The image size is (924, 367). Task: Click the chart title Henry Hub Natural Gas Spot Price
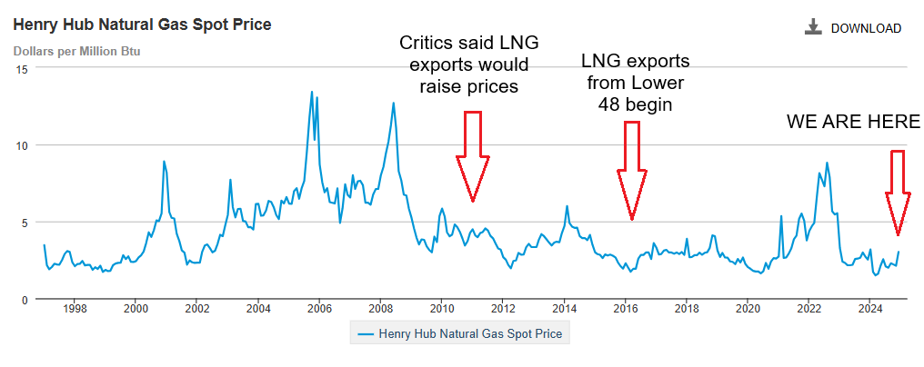click(141, 25)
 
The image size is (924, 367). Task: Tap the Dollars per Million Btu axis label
click(76, 50)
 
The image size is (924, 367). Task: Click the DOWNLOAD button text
click(866, 28)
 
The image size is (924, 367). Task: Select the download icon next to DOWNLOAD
click(813, 27)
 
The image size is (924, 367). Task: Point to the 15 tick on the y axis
click(21, 68)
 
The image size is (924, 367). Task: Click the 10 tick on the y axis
click(21, 145)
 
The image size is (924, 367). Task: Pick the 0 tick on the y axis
click(25, 299)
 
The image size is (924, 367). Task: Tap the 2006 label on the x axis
click(319, 309)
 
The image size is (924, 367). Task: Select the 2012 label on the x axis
click(503, 309)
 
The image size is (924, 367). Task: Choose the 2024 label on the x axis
click(870, 309)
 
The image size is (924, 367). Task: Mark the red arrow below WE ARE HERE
click(898, 192)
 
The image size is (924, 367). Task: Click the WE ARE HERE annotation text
click(853, 123)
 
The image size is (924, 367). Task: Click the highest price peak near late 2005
click(312, 92)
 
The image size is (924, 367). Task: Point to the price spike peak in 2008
click(393, 103)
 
